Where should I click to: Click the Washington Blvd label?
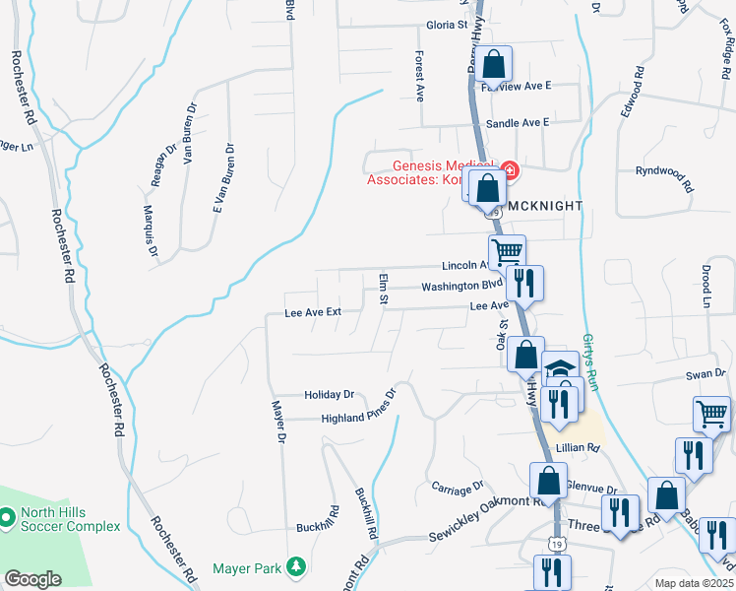(x=462, y=287)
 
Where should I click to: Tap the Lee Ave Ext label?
(x=312, y=312)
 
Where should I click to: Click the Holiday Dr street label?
(x=329, y=394)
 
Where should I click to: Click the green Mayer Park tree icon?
(x=294, y=566)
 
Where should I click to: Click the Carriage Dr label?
(x=458, y=486)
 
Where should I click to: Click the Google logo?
(x=32, y=579)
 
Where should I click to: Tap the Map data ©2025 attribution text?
(x=694, y=583)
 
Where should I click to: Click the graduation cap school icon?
(x=560, y=368)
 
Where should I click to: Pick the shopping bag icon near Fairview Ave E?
(x=496, y=65)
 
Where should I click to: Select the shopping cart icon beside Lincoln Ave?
(x=507, y=252)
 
